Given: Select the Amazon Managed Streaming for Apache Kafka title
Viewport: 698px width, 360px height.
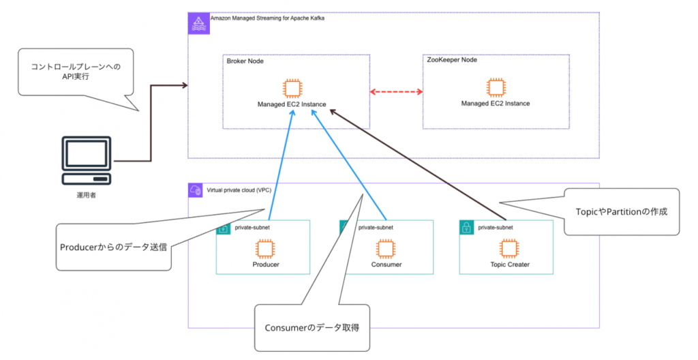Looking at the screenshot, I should pyautogui.click(x=267, y=18).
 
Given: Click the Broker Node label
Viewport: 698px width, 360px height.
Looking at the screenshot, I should pyautogui.click(x=245, y=61).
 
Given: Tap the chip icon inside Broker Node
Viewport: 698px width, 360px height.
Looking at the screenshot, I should pyautogui.click(x=292, y=88).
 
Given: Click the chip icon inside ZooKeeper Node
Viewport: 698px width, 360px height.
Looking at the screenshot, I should pyautogui.click(x=496, y=87).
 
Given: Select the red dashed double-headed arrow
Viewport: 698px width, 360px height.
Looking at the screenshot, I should pyautogui.click(x=397, y=91).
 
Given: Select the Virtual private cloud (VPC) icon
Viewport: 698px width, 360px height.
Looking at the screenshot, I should pyautogui.click(x=196, y=191).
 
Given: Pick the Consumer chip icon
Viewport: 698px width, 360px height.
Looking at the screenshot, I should pyautogui.click(x=386, y=247).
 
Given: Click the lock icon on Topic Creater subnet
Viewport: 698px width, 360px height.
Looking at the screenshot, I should pyautogui.click(x=467, y=229).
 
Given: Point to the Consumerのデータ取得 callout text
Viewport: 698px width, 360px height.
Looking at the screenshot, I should pyautogui.click(x=312, y=328).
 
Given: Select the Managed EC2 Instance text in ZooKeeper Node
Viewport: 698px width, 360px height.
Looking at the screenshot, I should pyautogui.click(x=496, y=104).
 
